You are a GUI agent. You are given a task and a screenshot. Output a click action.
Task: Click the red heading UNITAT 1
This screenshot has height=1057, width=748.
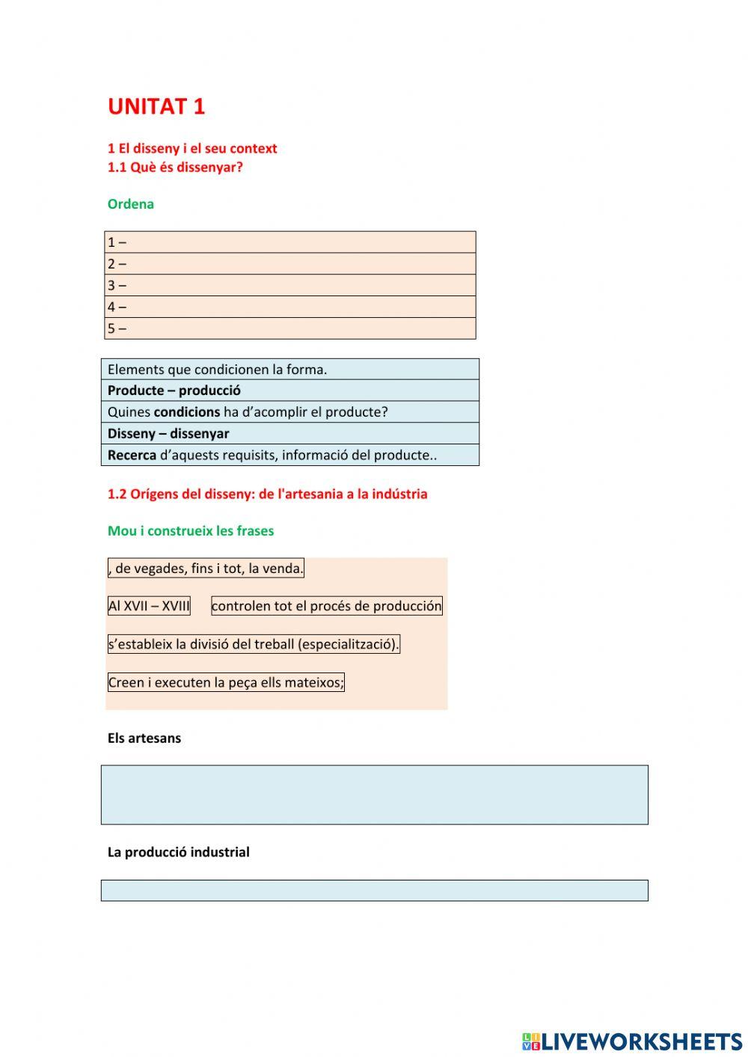pyautogui.click(x=156, y=107)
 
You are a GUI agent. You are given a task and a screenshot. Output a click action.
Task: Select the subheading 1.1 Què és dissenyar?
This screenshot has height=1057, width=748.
pyautogui.click(x=175, y=168)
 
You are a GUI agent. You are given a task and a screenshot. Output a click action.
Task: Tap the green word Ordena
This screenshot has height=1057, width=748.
pyautogui.click(x=131, y=204)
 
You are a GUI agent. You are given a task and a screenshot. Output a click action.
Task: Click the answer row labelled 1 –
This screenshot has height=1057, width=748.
pyautogui.click(x=289, y=242)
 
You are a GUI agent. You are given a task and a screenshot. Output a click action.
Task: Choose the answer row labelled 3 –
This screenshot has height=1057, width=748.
pyautogui.click(x=289, y=285)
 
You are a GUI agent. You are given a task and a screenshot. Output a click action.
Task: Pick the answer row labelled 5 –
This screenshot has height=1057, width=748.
pyautogui.click(x=289, y=328)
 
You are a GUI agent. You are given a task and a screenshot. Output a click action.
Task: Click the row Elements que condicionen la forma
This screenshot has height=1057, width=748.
pyautogui.click(x=289, y=370)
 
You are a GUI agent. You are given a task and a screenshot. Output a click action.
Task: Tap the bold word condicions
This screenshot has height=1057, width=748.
pyautogui.click(x=187, y=412)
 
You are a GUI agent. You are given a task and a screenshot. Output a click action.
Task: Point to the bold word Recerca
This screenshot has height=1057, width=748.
pyautogui.click(x=132, y=456)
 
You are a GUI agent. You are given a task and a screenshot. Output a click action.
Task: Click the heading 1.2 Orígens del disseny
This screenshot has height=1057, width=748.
pyautogui.click(x=267, y=494)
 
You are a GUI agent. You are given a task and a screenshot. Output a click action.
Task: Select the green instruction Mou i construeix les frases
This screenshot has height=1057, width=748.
pyautogui.click(x=191, y=531)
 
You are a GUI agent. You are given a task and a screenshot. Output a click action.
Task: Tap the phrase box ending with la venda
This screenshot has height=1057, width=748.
pyautogui.click(x=206, y=569)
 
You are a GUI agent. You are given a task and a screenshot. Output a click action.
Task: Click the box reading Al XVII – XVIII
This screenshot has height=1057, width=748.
pyautogui.click(x=149, y=606)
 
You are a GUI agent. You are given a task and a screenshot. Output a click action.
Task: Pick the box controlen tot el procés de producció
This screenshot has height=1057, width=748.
pyautogui.click(x=327, y=606)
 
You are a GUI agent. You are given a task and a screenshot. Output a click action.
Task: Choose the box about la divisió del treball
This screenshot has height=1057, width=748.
pyautogui.click(x=254, y=644)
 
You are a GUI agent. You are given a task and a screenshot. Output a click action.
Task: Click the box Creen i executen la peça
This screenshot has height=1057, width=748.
pyautogui.click(x=226, y=682)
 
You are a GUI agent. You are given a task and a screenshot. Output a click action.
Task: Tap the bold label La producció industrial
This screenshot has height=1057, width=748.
pyautogui.click(x=179, y=852)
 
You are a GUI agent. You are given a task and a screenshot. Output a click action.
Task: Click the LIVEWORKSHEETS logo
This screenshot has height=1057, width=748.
pyautogui.click(x=632, y=1041)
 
